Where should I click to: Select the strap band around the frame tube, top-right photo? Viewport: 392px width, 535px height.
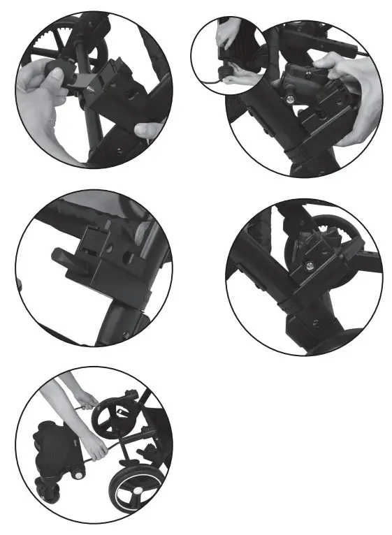305,148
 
